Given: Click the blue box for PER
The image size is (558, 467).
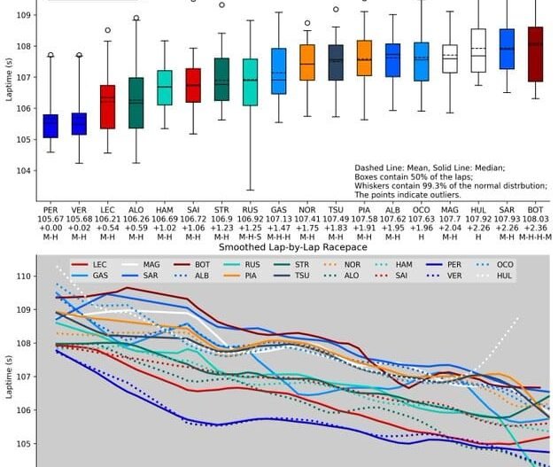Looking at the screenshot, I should [50, 126].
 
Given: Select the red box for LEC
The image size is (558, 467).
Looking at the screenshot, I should [107, 107].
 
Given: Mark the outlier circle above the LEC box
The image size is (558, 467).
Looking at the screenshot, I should [107, 30].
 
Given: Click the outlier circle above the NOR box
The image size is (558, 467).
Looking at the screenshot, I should [307, 23].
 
